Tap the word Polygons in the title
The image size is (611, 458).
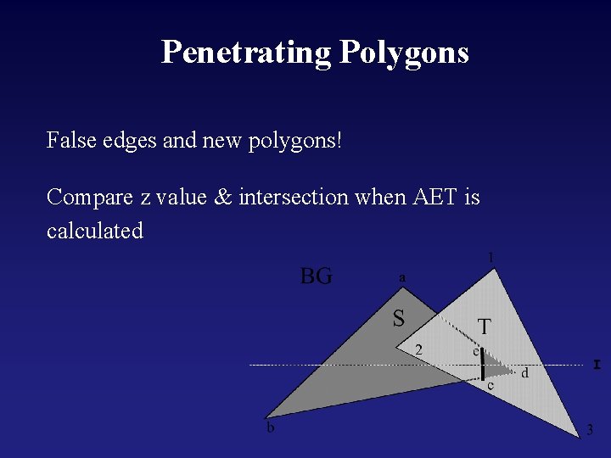[404, 52]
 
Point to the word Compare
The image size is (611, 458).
[89, 198]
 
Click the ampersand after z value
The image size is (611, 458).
[223, 198]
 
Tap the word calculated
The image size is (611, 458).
[95, 231]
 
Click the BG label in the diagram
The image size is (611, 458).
[317, 276]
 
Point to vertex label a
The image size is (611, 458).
[402, 277]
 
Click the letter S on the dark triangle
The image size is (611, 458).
[398, 319]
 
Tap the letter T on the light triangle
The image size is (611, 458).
[484, 327]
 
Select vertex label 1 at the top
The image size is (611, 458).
[490, 257]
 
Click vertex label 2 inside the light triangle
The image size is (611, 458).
[418, 349]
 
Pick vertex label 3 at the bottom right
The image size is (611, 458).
[590, 430]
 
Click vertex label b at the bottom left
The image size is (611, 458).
[271, 428]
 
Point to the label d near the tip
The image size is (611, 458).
[525, 373]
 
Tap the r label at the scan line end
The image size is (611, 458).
[597, 364]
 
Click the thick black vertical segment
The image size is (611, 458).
[483, 366]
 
